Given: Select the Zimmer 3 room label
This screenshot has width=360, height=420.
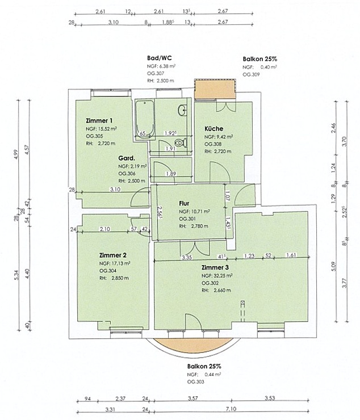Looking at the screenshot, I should pos(215,267).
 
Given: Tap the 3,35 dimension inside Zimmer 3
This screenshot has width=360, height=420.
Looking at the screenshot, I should pos(186,258).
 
